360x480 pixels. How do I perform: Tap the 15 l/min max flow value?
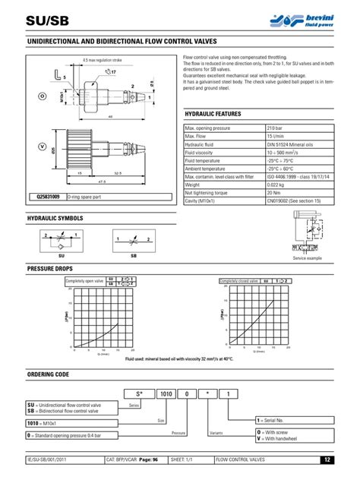pos(273,136)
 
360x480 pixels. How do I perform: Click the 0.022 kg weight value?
pos(274,184)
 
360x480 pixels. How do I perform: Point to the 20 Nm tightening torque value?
pos(271,192)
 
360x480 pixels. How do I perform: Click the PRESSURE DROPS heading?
pos(50,269)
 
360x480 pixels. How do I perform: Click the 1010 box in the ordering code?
pos(165,393)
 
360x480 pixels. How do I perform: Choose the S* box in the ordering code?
pos(142,393)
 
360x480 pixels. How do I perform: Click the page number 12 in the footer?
pos(325,459)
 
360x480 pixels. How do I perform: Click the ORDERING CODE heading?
pos(49,374)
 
